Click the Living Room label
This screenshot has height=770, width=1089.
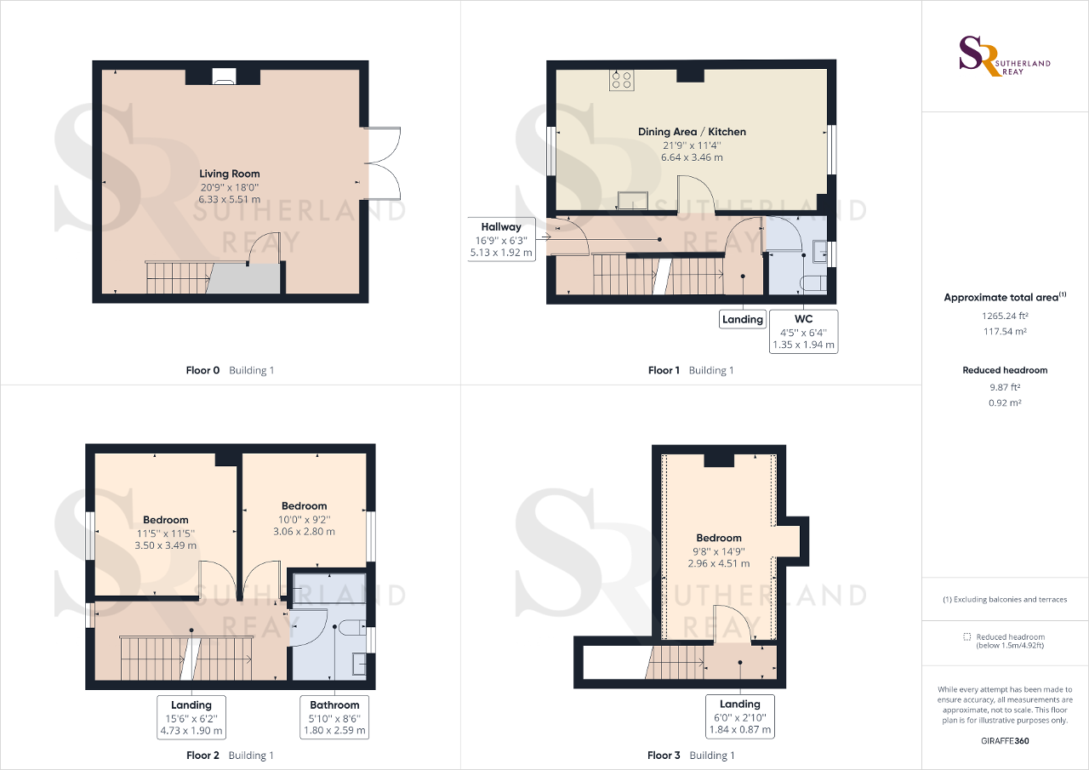pyautogui.click(x=230, y=174)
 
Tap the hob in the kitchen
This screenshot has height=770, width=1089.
pyautogui.click(x=621, y=80)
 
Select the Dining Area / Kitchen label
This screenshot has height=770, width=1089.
pyautogui.click(x=692, y=132)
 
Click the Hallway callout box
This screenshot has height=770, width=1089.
pyautogui.click(x=501, y=239)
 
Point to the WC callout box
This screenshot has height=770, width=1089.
pyautogui.click(x=803, y=332)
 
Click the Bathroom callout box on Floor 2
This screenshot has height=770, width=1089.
pyautogui.click(x=334, y=717)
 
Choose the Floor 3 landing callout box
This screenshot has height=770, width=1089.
pyautogui.click(x=739, y=716)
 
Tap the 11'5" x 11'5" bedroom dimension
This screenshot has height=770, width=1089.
pyautogui.click(x=166, y=533)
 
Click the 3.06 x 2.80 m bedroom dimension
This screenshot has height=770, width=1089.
pyautogui.click(x=304, y=531)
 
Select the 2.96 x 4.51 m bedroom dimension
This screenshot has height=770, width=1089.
pyautogui.click(x=719, y=563)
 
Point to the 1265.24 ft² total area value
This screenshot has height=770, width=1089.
pyautogui.click(x=1005, y=315)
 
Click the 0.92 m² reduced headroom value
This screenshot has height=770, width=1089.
pyautogui.click(x=1005, y=402)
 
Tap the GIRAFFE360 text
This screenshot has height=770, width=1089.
pyautogui.click(x=1005, y=741)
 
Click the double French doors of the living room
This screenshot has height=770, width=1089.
pyautogui.click(x=385, y=158)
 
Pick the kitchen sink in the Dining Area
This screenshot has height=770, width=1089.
pyautogui.click(x=633, y=200)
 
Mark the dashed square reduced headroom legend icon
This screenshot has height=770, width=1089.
pyautogui.click(x=966, y=636)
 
